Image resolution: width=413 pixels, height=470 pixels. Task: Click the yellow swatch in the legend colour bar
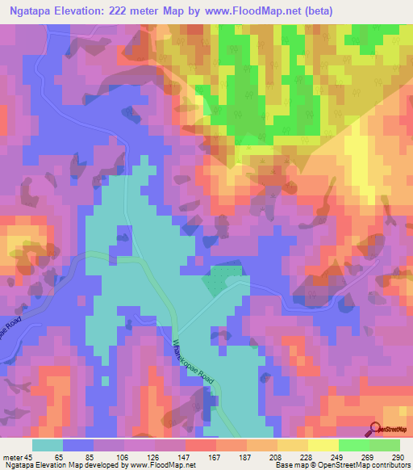pos(323,445)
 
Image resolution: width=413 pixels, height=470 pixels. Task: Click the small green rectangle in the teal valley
pos(215,281)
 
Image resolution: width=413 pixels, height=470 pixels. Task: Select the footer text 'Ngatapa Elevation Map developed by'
pos(52,465)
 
